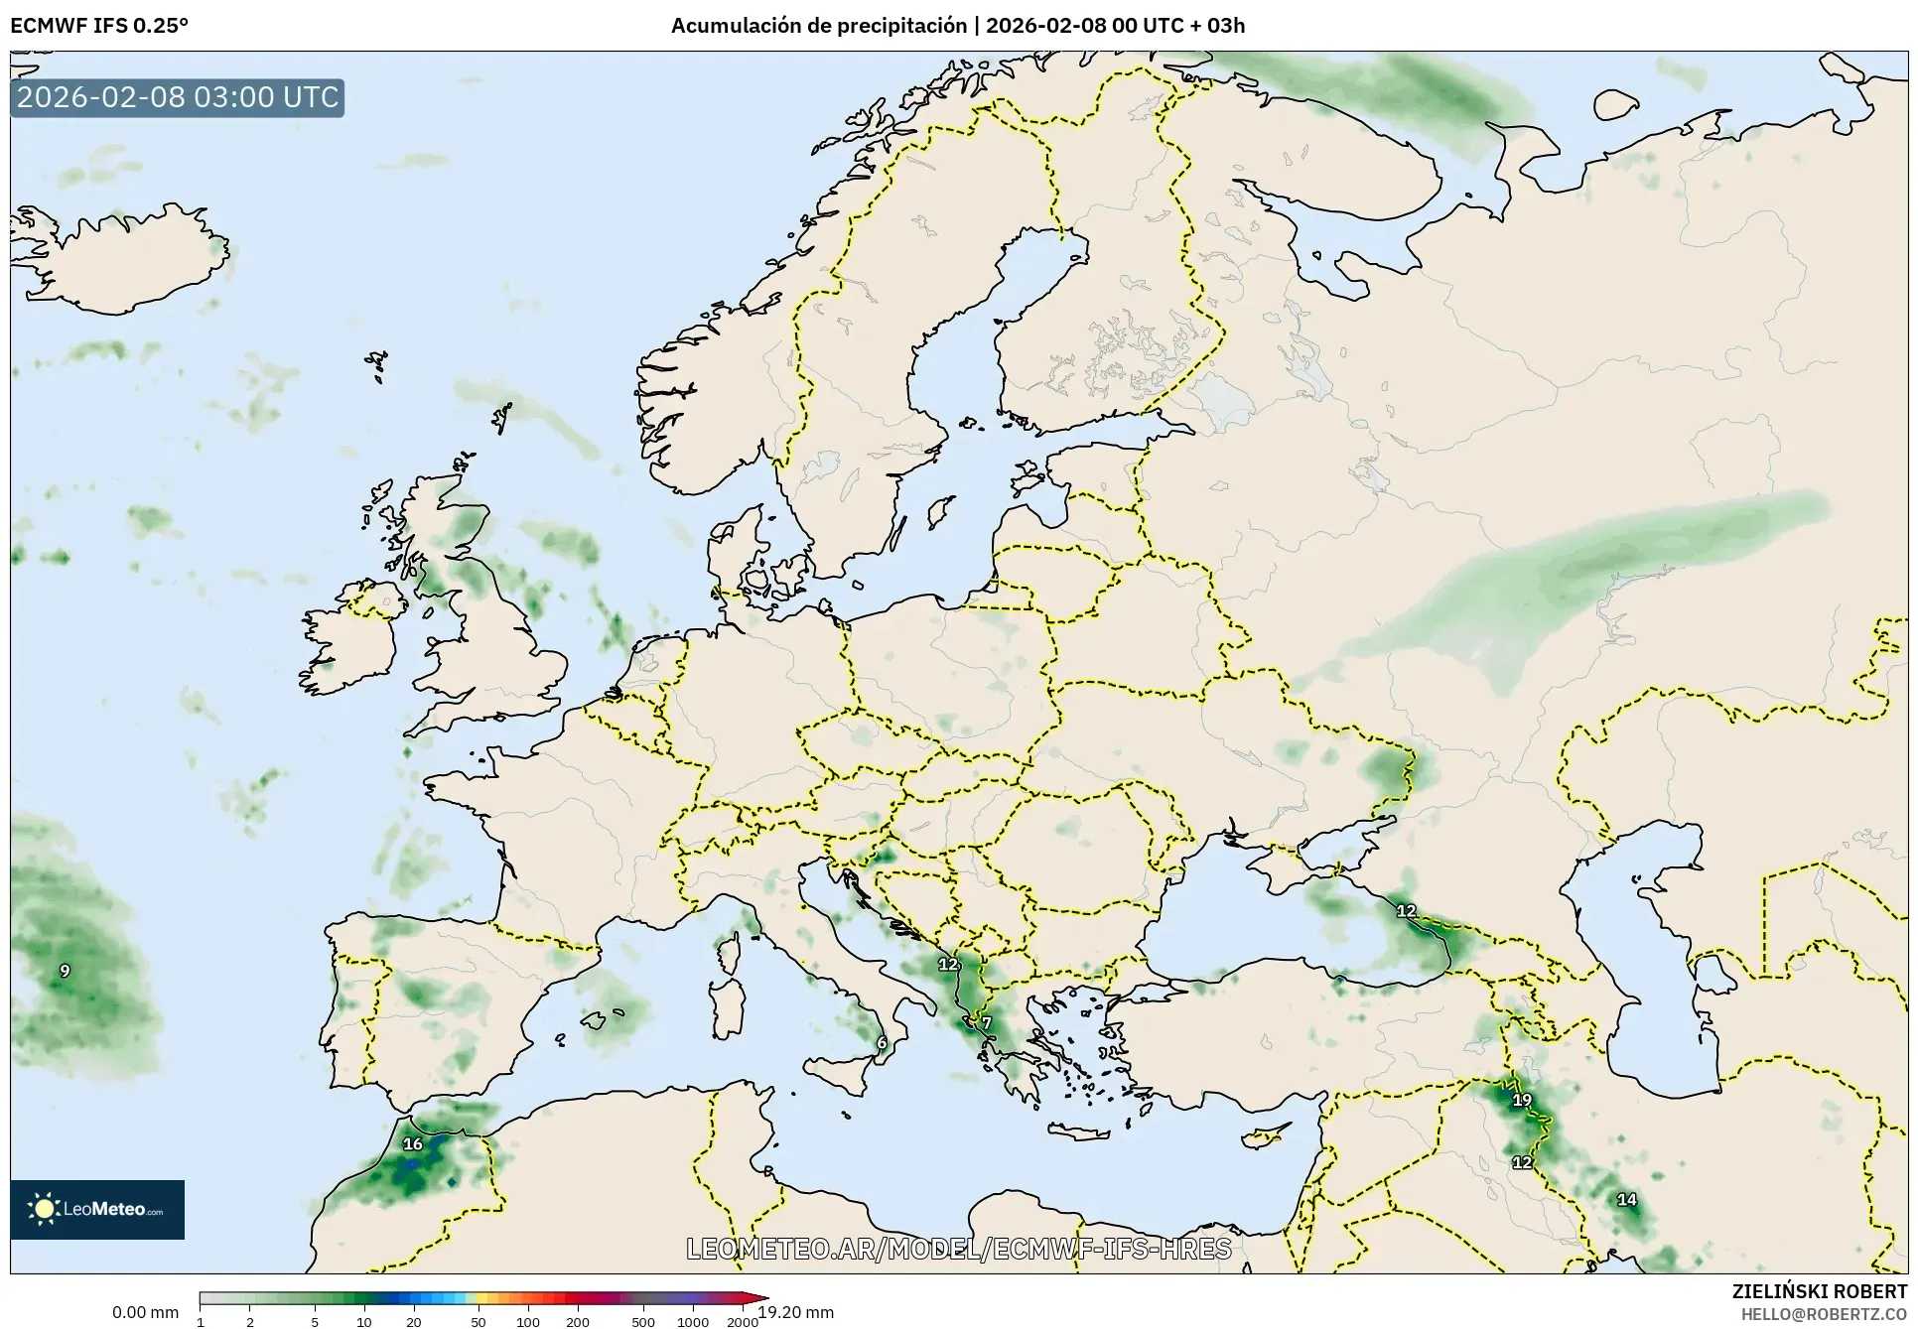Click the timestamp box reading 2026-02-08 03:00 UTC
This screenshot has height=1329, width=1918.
[x=178, y=97]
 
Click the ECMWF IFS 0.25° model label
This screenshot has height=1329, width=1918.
[x=99, y=26]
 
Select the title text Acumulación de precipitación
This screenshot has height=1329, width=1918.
[x=818, y=26]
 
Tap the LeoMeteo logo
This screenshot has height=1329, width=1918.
[x=97, y=1209]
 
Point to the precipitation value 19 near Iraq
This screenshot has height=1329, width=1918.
[x=1522, y=1100]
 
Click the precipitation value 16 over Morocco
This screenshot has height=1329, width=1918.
[x=413, y=1144]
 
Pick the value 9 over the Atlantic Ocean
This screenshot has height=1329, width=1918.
[x=66, y=971]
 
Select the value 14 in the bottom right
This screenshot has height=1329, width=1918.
[x=1626, y=1200]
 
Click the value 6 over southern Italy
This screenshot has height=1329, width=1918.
[x=882, y=1043]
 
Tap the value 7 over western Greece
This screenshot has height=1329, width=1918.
[x=986, y=1023]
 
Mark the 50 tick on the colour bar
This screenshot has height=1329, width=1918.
[x=479, y=1321]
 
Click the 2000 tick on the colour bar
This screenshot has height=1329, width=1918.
[x=742, y=1321]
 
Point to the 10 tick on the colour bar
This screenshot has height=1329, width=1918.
[x=364, y=1321]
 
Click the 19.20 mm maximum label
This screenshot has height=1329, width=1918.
[x=796, y=1312]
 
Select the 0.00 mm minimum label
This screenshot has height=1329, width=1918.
[x=146, y=1312]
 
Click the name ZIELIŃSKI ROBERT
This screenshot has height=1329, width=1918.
[x=1819, y=1291]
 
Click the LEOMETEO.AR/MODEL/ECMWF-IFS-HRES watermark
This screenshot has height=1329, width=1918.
[x=959, y=1249]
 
